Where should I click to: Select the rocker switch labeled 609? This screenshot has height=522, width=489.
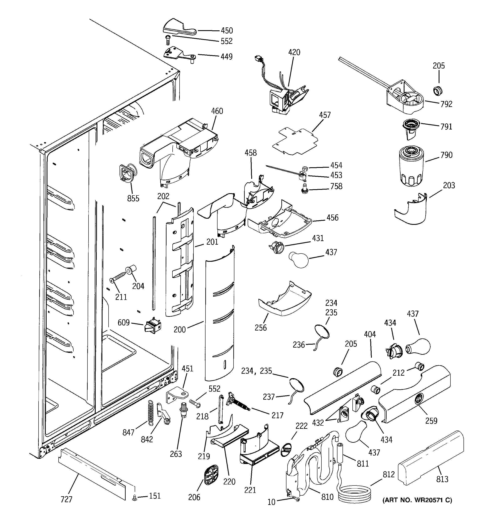click(x=152, y=325)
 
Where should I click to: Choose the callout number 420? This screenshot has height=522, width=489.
click(x=294, y=52)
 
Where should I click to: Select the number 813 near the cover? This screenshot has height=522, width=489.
click(x=442, y=479)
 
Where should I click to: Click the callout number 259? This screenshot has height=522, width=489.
click(x=431, y=420)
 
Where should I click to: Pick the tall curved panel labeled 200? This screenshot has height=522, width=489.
click(x=219, y=313)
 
